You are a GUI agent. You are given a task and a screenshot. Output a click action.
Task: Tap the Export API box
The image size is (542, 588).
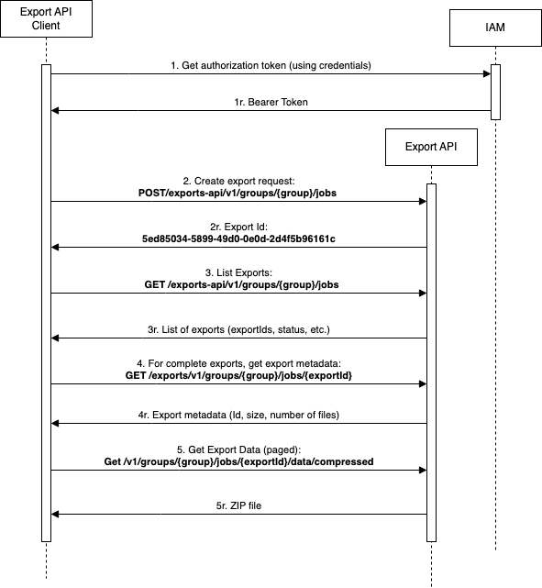pyautogui.click(x=431, y=146)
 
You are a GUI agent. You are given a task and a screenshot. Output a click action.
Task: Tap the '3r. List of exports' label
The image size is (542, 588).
pyautogui.click(x=239, y=328)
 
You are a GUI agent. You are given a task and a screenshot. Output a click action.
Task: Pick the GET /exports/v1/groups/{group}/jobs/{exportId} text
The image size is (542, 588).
pyautogui.click(x=239, y=375)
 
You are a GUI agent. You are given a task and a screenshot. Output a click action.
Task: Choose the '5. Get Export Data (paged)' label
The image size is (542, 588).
pyautogui.click(x=239, y=449)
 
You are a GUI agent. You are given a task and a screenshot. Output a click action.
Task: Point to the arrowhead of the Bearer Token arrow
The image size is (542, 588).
pyautogui.click(x=55, y=111)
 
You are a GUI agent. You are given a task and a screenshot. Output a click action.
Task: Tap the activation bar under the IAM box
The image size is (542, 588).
pyautogui.click(x=495, y=92)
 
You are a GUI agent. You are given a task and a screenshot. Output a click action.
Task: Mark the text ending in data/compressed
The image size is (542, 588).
pyautogui.click(x=239, y=462)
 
